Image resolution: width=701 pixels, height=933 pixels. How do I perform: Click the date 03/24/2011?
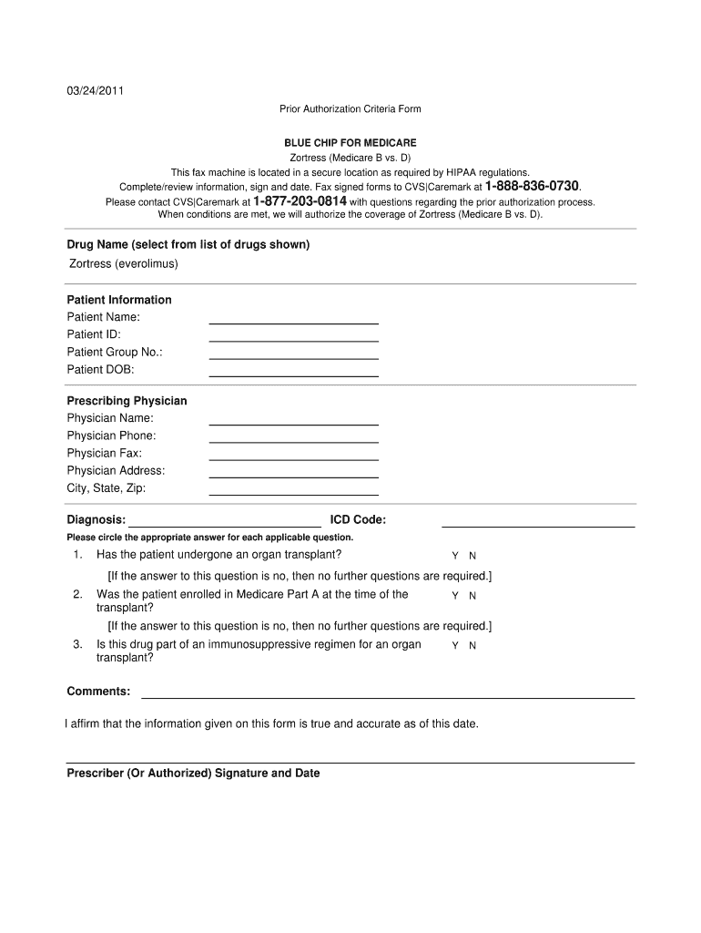tap(95, 91)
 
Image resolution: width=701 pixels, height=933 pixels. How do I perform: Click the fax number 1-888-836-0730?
tap(532, 186)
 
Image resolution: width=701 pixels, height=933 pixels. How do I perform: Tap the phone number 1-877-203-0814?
tap(300, 200)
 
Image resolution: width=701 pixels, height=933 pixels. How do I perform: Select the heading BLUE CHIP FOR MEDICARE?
tap(350, 143)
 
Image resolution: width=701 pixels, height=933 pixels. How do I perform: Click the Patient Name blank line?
tap(293, 322)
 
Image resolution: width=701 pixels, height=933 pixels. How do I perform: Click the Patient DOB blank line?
tap(293, 374)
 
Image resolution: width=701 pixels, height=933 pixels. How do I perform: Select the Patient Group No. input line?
tap(293, 357)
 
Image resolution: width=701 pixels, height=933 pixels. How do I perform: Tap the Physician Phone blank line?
tap(293, 441)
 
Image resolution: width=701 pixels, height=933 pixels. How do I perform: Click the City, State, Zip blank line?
tap(293, 494)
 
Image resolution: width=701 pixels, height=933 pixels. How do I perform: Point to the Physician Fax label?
tap(105, 453)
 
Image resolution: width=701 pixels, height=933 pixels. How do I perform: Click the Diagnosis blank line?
tap(225, 525)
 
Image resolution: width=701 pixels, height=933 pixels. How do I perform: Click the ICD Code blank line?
tap(537, 525)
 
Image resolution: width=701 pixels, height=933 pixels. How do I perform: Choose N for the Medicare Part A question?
tap(472, 596)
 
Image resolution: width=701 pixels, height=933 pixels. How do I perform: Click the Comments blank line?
tap(387, 696)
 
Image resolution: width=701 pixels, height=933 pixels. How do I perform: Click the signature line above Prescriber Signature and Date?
tap(350, 762)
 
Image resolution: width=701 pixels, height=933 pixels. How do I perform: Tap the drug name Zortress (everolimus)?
tap(124, 264)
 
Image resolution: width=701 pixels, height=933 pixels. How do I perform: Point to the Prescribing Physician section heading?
tap(127, 401)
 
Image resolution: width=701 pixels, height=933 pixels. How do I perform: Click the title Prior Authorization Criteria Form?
tap(350, 109)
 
